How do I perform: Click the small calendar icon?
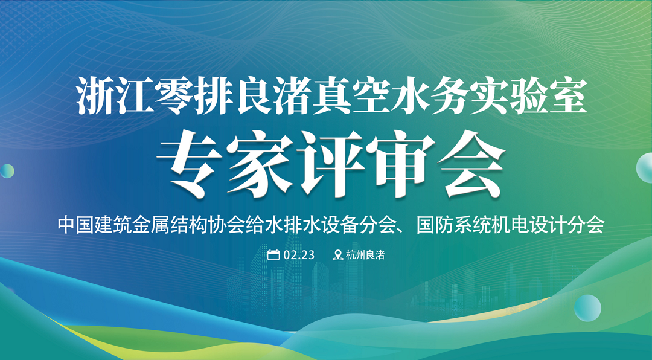[273, 255]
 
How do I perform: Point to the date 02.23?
[299, 255]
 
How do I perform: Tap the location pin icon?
[338, 255]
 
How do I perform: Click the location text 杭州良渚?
[365, 255]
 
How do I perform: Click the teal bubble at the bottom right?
[587, 308]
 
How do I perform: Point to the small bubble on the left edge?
[7, 171]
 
